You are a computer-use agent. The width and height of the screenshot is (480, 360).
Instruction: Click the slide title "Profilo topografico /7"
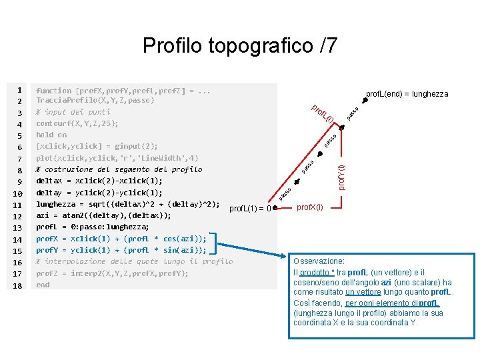(240, 46)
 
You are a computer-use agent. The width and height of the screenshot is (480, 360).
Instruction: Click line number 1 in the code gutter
(21, 89)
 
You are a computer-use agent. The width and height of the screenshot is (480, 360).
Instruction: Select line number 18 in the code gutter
(19, 285)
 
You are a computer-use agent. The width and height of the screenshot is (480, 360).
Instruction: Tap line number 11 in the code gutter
(19, 205)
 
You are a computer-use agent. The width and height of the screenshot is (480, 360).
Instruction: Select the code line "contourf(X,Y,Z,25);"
(77, 123)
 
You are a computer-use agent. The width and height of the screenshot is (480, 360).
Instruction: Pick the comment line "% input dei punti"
(73, 112)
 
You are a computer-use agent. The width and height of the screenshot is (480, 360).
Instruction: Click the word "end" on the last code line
(43, 285)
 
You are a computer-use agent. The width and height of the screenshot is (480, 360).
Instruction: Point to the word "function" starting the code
(53, 90)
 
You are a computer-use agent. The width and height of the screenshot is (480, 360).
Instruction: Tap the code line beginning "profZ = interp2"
(112, 273)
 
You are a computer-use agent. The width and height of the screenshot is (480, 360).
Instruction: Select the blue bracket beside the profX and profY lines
(213, 244)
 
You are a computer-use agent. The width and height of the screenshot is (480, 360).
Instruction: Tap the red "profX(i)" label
(310, 207)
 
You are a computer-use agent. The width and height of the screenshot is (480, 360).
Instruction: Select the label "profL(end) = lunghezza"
(407, 94)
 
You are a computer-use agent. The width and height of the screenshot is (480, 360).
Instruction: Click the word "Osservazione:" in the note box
(319, 262)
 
